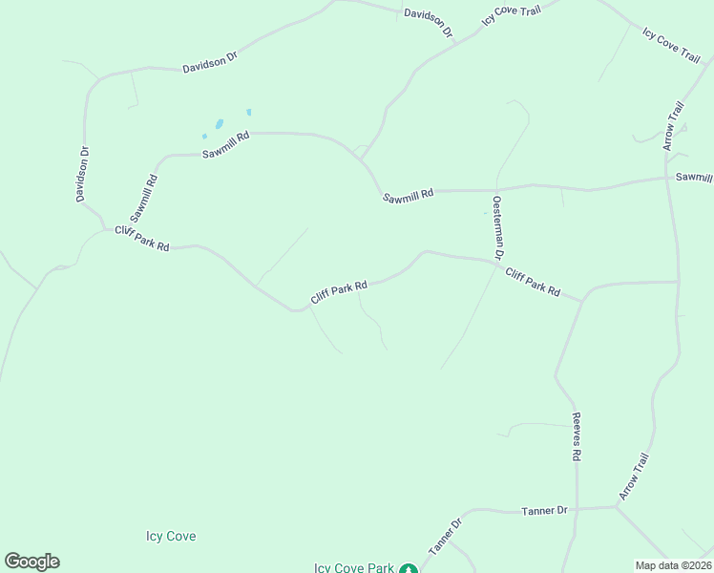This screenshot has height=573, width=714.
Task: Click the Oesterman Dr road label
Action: [x=497, y=227]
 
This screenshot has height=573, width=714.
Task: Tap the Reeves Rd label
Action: [x=577, y=437]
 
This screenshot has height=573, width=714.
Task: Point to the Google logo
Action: [x=31, y=562]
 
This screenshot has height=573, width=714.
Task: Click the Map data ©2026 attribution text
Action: [x=673, y=565]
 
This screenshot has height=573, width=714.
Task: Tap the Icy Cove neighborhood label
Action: [x=171, y=537]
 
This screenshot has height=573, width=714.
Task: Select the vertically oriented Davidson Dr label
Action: [x=83, y=174]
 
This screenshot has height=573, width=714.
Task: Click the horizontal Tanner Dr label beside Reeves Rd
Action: [x=545, y=511]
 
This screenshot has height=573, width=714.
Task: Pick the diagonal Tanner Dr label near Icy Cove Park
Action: [x=445, y=536]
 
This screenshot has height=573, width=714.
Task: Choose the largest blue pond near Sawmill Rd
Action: [x=220, y=124]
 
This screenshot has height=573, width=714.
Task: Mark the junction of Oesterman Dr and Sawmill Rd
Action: [x=495, y=189]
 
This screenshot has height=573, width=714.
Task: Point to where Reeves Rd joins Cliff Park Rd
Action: [x=581, y=300]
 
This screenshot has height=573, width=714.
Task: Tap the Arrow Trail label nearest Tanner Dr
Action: [x=634, y=477]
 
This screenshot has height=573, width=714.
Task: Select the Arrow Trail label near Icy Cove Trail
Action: [x=674, y=125]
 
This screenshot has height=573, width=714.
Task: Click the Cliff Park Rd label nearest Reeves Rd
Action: [x=533, y=282]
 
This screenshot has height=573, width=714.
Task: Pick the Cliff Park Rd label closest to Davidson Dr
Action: [x=142, y=239]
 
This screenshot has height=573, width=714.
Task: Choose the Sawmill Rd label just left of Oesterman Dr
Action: [x=409, y=195]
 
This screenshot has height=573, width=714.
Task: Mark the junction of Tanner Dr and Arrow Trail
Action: [x=616, y=507]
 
